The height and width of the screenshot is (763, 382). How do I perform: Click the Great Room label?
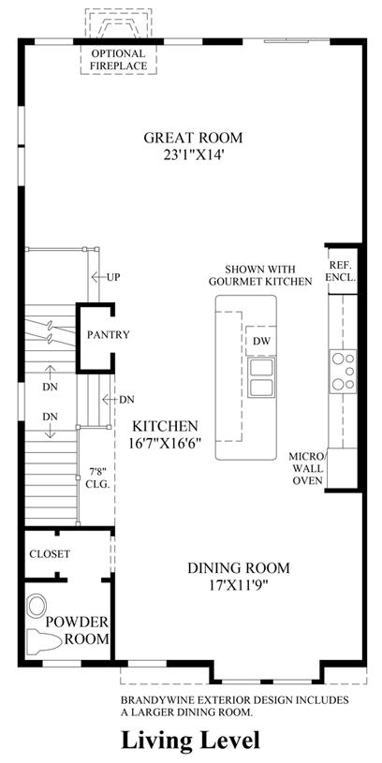193,138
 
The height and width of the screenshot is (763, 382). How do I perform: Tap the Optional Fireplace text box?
118,59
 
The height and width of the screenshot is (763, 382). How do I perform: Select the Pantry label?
108,335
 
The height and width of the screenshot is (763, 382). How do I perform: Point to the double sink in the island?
261,377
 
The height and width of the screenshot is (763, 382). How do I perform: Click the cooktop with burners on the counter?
343,372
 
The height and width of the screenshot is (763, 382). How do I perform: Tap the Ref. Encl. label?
343,272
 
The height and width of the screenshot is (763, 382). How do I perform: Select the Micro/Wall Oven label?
306,468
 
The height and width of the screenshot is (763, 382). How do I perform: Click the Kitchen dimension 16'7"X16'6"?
166,444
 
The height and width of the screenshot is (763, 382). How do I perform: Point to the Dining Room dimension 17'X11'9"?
239,584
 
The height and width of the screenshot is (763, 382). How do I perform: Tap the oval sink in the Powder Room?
36,607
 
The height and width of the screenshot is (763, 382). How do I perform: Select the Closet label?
50,553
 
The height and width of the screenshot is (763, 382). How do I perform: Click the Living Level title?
190,741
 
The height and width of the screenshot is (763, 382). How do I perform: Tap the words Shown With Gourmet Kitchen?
268,275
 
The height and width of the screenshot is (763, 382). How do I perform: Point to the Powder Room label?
78,631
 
